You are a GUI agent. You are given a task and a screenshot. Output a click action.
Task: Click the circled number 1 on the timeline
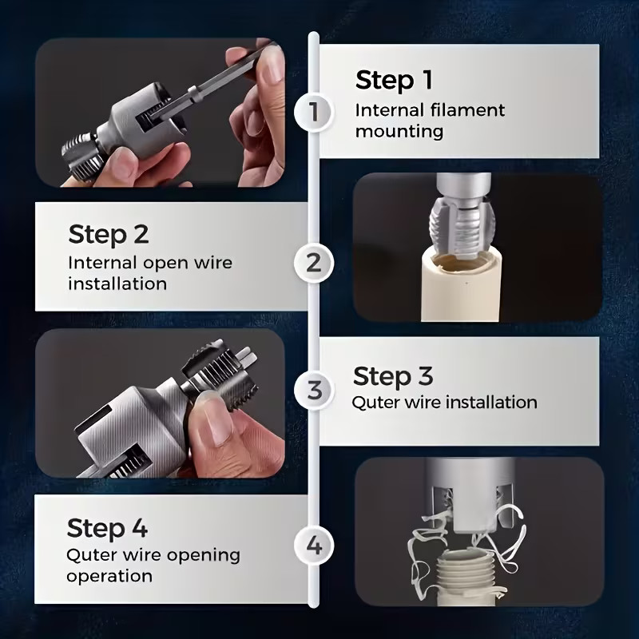click(313, 111)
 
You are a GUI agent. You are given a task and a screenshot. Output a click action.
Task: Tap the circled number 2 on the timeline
click(313, 263)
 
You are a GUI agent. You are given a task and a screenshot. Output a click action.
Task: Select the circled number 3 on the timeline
click(314, 391)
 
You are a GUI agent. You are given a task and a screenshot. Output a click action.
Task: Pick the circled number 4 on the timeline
click(314, 546)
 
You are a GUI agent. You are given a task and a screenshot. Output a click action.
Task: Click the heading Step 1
click(394, 81)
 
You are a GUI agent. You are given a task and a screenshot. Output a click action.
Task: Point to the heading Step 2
click(109, 234)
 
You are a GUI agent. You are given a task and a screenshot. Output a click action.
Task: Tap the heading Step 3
click(393, 375)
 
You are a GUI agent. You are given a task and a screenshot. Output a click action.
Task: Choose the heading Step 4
click(107, 528)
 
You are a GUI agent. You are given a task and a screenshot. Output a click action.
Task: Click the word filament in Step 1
click(468, 110)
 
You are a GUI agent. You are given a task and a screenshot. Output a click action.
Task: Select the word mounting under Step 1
click(399, 132)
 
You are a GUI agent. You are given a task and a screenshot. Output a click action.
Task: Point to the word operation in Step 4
click(109, 576)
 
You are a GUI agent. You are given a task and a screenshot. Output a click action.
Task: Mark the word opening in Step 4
click(204, 556)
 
